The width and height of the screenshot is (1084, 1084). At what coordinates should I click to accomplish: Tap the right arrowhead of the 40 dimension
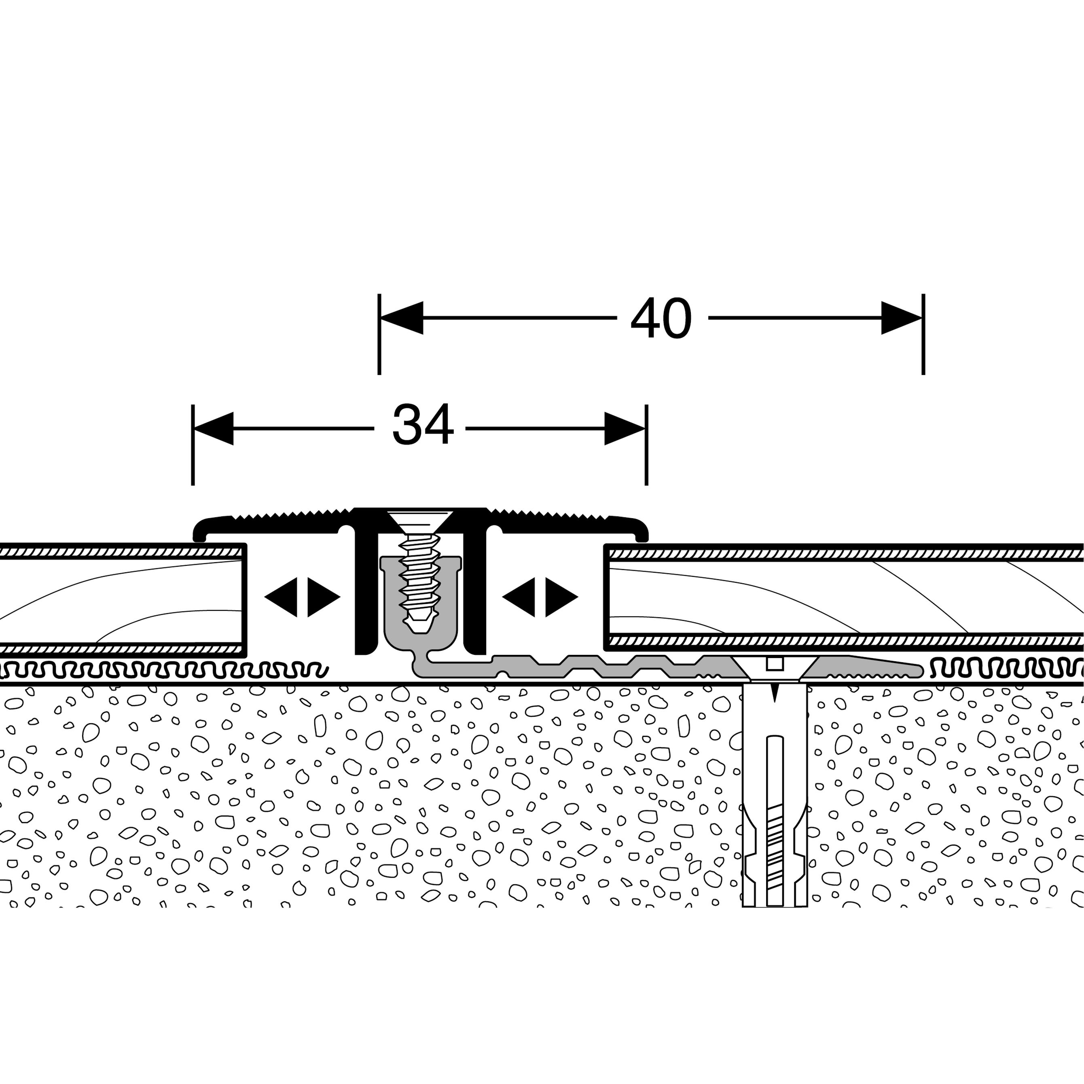pos(901,318)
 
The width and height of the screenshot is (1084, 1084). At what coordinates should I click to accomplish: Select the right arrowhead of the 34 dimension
pos(625,429)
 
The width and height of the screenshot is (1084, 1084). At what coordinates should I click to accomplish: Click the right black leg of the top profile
pos(475,595)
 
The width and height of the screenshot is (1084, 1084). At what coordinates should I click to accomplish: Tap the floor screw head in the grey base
pos(774,668)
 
